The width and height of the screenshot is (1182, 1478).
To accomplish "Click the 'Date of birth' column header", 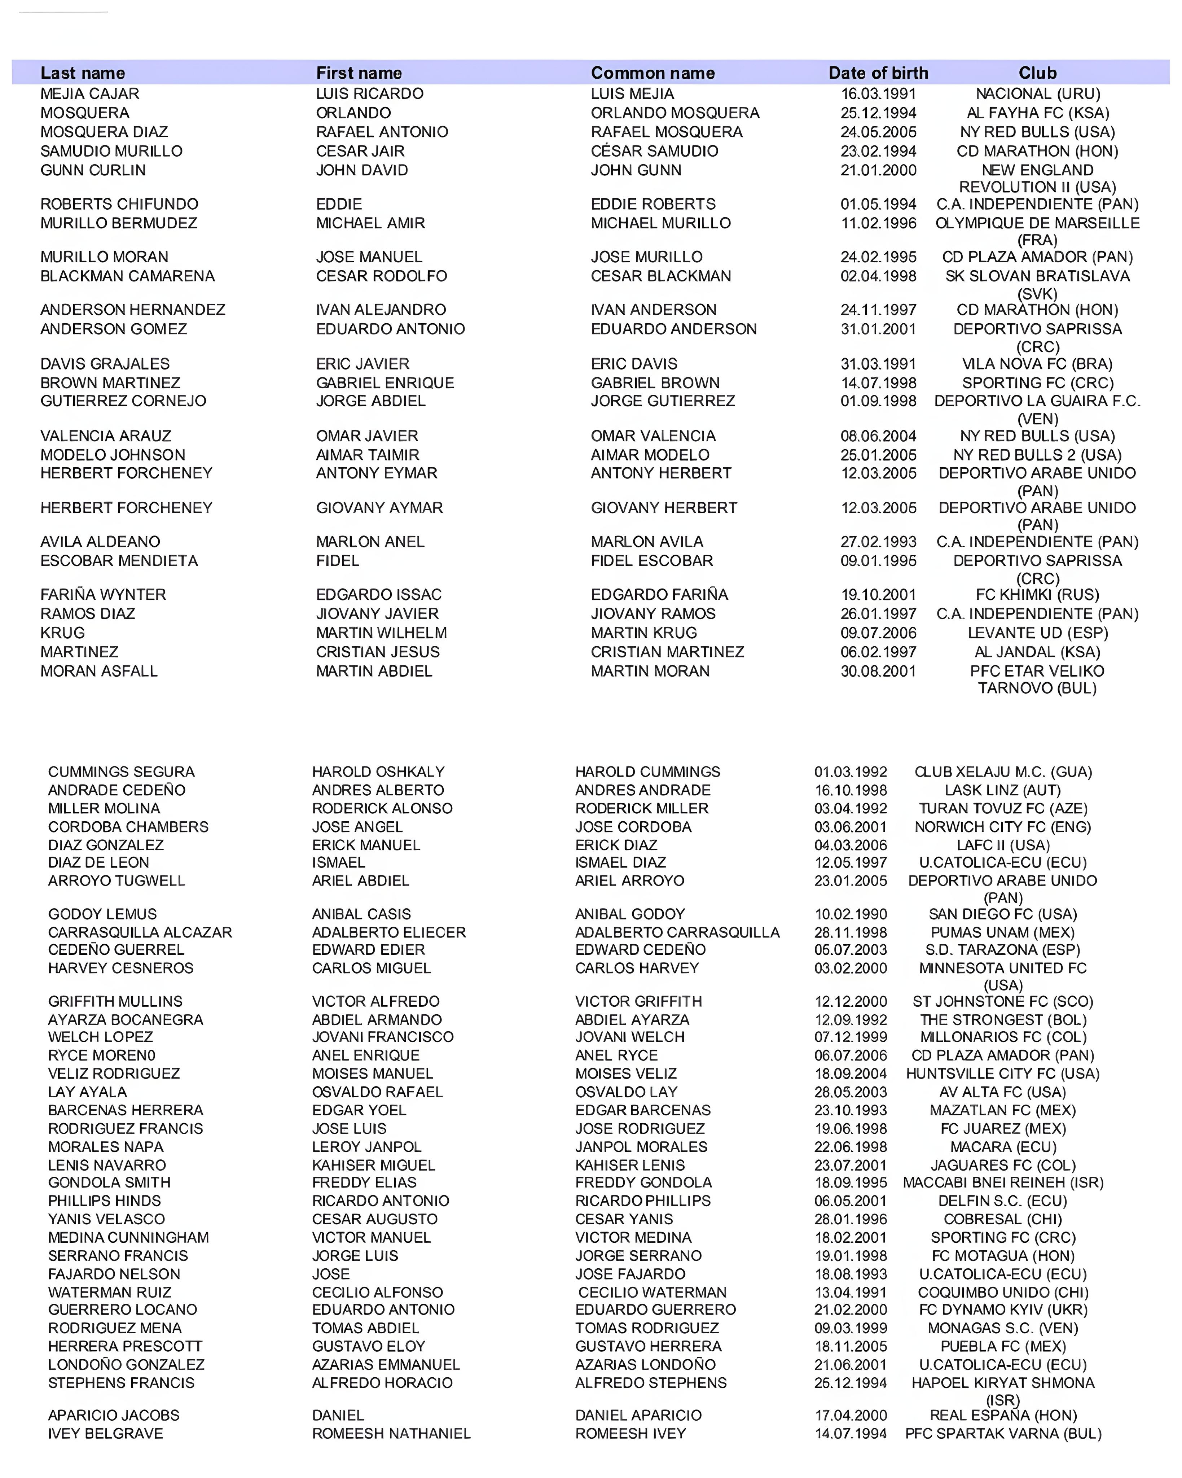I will pyautogui.click(x=878, y=73).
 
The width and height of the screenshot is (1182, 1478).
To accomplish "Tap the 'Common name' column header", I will pyautogui.click(x=652, y=73).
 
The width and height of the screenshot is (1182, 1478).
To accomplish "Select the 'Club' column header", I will pyautogui.click(x=1037, y=73).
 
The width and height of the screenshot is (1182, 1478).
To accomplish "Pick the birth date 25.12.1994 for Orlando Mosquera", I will pyautogui.click(x=878, y=113).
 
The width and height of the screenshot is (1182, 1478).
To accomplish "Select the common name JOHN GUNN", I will pyautogui.click(x=636, y=170).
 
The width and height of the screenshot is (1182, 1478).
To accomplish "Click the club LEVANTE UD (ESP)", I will pyautogui.click(x=1037, y=633).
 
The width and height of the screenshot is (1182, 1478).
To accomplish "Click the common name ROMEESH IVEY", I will pyautogui.click(x=630, y=1434).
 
